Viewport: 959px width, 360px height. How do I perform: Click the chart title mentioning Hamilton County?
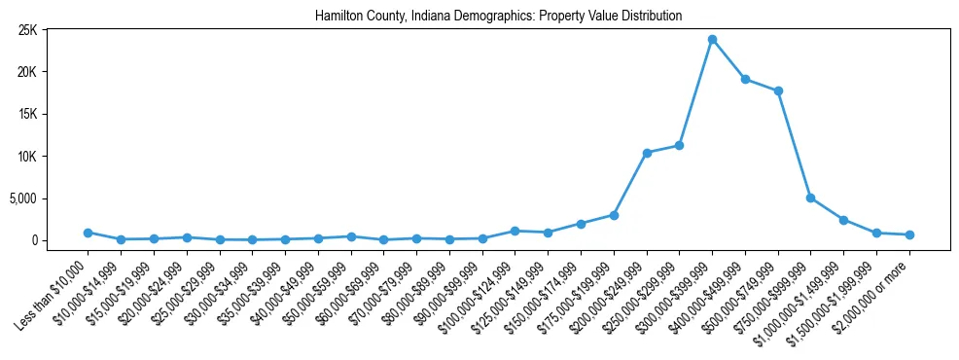click(498, 17)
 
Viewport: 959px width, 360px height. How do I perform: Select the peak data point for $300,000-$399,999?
click(712, 39)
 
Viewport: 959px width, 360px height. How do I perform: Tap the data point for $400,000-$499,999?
click(745, 79)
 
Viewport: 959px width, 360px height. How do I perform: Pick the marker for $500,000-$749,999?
click(778, 91)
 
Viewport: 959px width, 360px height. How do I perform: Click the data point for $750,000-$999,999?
click(810, 198)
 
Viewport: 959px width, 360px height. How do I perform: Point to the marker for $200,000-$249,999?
click(647, 153)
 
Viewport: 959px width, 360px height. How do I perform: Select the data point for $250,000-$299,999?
click(679, 145)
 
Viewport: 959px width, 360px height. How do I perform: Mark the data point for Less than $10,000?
click(88, 233)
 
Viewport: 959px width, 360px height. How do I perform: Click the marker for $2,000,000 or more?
click(909, 234)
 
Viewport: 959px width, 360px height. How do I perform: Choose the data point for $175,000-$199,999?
click(614, 215)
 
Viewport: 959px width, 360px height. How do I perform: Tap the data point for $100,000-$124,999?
click(515, 231)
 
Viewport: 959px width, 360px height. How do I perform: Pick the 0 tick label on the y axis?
click(33, 240)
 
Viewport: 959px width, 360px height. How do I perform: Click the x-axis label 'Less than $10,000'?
click(54, 287)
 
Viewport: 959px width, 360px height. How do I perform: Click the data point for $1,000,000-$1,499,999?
click(843, 220)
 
